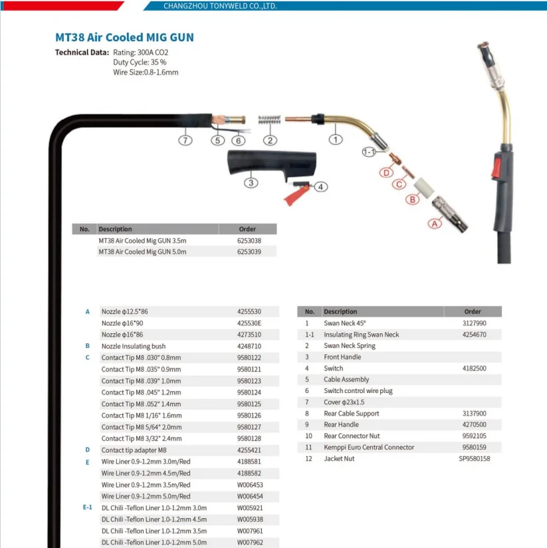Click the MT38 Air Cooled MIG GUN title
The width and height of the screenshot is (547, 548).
tap(124, 38)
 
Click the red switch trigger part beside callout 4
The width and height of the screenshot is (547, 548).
tap(294, 194)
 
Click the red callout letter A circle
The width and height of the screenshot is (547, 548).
tap(435, 224)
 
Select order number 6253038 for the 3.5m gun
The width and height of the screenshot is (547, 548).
tap(249, 241)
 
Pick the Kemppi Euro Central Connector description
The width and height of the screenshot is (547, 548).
tap(369, 447)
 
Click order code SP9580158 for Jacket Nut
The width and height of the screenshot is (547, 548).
tap(475, 458)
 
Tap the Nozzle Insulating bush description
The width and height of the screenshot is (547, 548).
tap(134, 346)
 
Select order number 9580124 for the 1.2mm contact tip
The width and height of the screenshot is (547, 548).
tap(249, 392)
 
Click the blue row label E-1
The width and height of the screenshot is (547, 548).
tap(87, 507)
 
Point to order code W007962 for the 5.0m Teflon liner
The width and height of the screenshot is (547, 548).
tap(250, 542)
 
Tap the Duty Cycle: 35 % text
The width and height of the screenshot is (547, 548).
tap(140, 62)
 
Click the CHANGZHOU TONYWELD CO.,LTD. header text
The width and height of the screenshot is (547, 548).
tap(220, 6)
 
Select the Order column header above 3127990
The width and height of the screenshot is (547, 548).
tap(473, 311)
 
